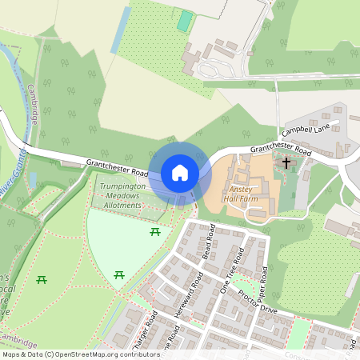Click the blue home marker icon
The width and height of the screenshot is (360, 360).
click(180, 172)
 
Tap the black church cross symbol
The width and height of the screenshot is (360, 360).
click(286, 162)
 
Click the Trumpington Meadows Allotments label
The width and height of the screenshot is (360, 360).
click(122, 195)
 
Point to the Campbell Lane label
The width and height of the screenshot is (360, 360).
click(306, 127)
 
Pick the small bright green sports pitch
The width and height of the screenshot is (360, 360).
click(186, 22)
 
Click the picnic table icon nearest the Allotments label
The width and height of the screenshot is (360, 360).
click(155, 232)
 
